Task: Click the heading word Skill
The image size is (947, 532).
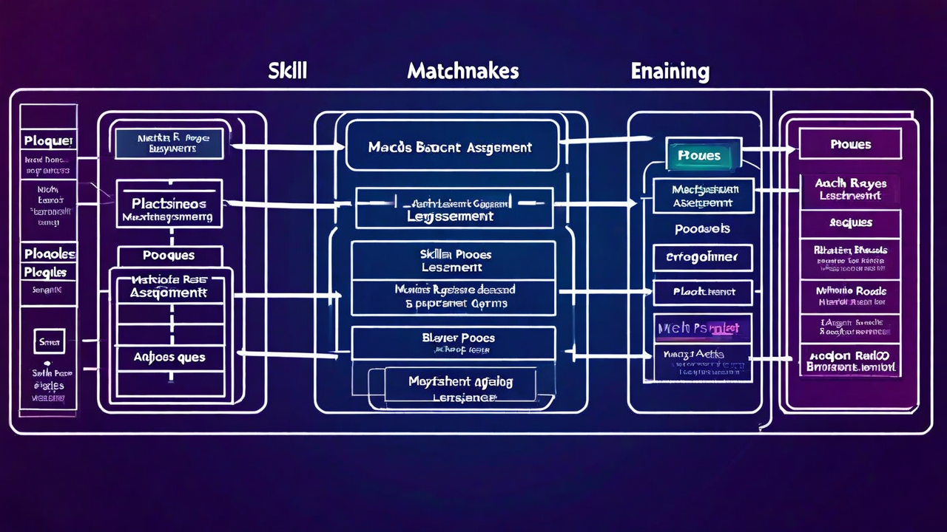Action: point(288,71)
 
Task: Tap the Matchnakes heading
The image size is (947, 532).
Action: point(462,71)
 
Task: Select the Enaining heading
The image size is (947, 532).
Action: point(670,72)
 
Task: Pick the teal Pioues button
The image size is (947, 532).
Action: point(699,155)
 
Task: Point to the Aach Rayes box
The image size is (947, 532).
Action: point(850,189)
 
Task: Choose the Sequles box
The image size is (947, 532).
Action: point(850,222)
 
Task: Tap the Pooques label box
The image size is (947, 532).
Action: point(169,256)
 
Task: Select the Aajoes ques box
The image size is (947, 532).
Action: point(169,357)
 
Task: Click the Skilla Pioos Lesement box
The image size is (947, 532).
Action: point(453,260)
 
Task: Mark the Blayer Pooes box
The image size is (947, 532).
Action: point(453,343)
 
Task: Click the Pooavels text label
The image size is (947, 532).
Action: point(702,229)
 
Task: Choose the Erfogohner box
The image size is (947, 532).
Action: point(702,258)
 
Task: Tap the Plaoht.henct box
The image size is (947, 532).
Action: point(703,292)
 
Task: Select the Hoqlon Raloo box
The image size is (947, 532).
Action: point(850,361)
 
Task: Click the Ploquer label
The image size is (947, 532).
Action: point(48,140)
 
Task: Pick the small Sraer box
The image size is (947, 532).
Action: point(50,341)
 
